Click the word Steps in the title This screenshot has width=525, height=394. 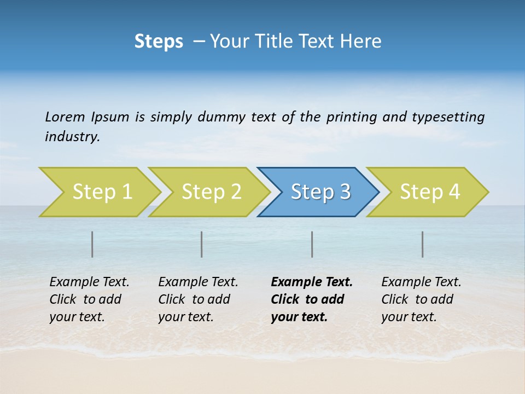coord(159,42)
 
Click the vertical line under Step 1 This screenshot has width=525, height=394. coord(92,244)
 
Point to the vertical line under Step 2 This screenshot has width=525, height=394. coord(202,244)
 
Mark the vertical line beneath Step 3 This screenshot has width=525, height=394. coord(312,244)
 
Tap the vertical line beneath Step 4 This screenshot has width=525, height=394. coord(423,244)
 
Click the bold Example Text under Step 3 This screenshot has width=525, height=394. coord(312,299)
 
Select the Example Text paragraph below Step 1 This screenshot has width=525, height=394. coord(89,299)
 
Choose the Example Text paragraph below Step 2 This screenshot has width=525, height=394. coord(198,299)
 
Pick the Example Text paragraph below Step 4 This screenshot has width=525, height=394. coord(421,299)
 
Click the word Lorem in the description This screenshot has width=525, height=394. coord(65,117)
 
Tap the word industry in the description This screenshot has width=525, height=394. coord(72,137)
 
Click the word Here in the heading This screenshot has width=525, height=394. coord(363,42)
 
